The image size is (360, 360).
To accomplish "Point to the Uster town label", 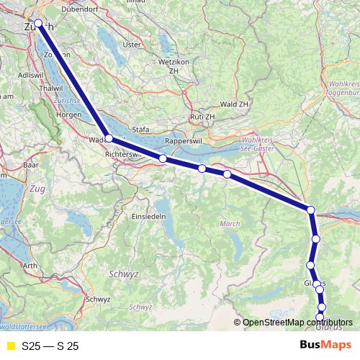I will [x=132, y=44].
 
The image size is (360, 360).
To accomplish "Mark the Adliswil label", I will [x=29, y=74].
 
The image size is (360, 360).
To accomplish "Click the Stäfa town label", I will [x=141, y=130].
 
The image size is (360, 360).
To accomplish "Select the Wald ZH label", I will [x=234, y=104].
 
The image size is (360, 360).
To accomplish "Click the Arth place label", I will [x=30, y=266].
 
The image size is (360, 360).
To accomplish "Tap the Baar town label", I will [x=30, y=164].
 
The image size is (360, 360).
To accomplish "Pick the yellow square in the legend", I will [x=9, y=346].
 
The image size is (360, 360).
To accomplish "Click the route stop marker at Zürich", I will [x=38, y=23].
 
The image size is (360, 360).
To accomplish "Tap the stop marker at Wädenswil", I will [x=108, y=138].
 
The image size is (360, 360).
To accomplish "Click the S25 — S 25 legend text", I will [x=50, y=346].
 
